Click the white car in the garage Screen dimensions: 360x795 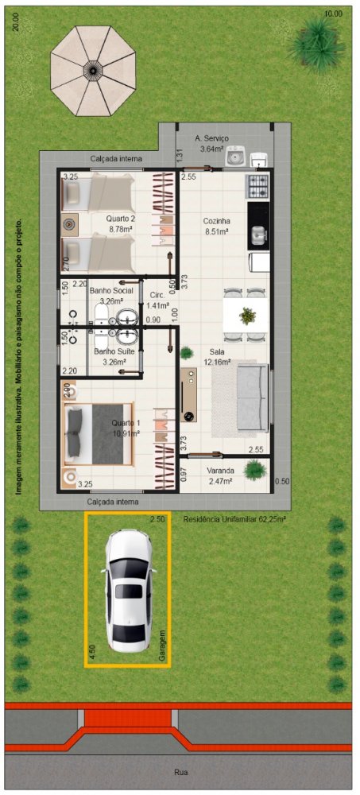pyautogui.click(x=128, y=591)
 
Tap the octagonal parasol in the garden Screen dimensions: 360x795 pyautogui.click(x=93, y=69)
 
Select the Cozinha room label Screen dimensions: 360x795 pyautogui.click(x=216, y=221)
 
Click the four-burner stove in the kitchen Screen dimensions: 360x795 pyautogui.click(x=257, y=187)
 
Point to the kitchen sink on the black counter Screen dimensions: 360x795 pyautogui.click(x=257, y=234)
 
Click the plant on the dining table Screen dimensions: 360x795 pyautogui.click(x=247, y=316)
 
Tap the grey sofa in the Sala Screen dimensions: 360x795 pyautogui.click(x=251, y=397)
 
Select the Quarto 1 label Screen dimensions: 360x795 pyautogui.click(x=126, y=422)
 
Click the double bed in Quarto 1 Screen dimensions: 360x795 pyautogui.click(x=99, y=434)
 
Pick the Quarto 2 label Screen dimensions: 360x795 pyautogui.click(x=120, y=219)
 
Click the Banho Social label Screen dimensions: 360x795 pyautogui.click(x=111, y=291)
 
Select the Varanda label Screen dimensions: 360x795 pyautogui.click(x=219, y=471)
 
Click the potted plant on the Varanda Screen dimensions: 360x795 pyautogui.click(x=255, y=470)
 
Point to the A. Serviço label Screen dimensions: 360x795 pyautogui.click(x=212, y=138)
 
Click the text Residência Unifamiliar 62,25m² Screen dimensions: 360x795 pyautogui.click(x=234, y=519)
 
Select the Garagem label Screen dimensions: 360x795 pyautogui.click(x=162, y=645)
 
